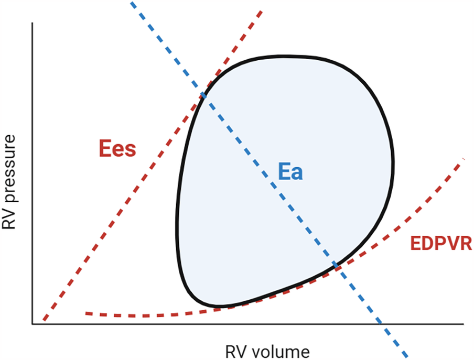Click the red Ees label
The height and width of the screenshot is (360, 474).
(x=117, y=149)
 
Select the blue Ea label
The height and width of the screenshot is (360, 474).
(x=290, y=172)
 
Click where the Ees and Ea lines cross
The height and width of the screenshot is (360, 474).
(x=203, y=94)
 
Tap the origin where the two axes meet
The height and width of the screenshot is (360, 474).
(x=33, y=324)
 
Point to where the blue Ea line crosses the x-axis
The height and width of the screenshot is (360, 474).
(x=381, y=324)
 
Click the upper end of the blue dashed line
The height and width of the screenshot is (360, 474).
(x=131, y=2)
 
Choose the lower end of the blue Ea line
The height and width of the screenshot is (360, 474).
(x=407, y=357)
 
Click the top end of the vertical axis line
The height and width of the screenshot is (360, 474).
(x=33, y=24)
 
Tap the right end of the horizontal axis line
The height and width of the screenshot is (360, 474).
(x=464, y=324)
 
